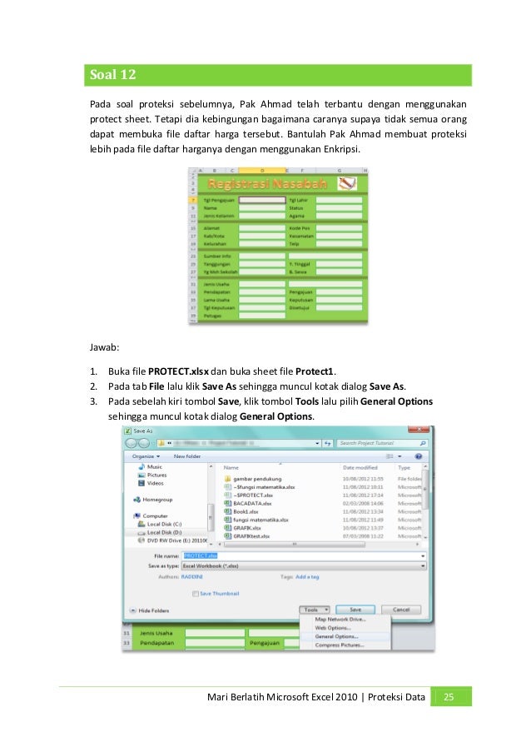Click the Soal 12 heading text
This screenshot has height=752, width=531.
(x=112, y=75)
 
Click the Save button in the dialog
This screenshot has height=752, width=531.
(x=355, y=610)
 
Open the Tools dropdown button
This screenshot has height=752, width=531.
(x=315, y=610)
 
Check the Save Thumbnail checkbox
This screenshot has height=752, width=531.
(x=196, y=594)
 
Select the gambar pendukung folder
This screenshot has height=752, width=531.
(x=257, y=479)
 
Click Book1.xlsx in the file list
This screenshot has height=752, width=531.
(x=246, y=511)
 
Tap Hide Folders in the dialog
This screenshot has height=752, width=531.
(x=154, y=610)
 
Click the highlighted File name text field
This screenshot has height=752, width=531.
(x=200, y=555)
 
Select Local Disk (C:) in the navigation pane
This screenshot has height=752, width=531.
(x=166, y=524)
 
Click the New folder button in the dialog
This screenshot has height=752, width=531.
(x=186, y=456)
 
